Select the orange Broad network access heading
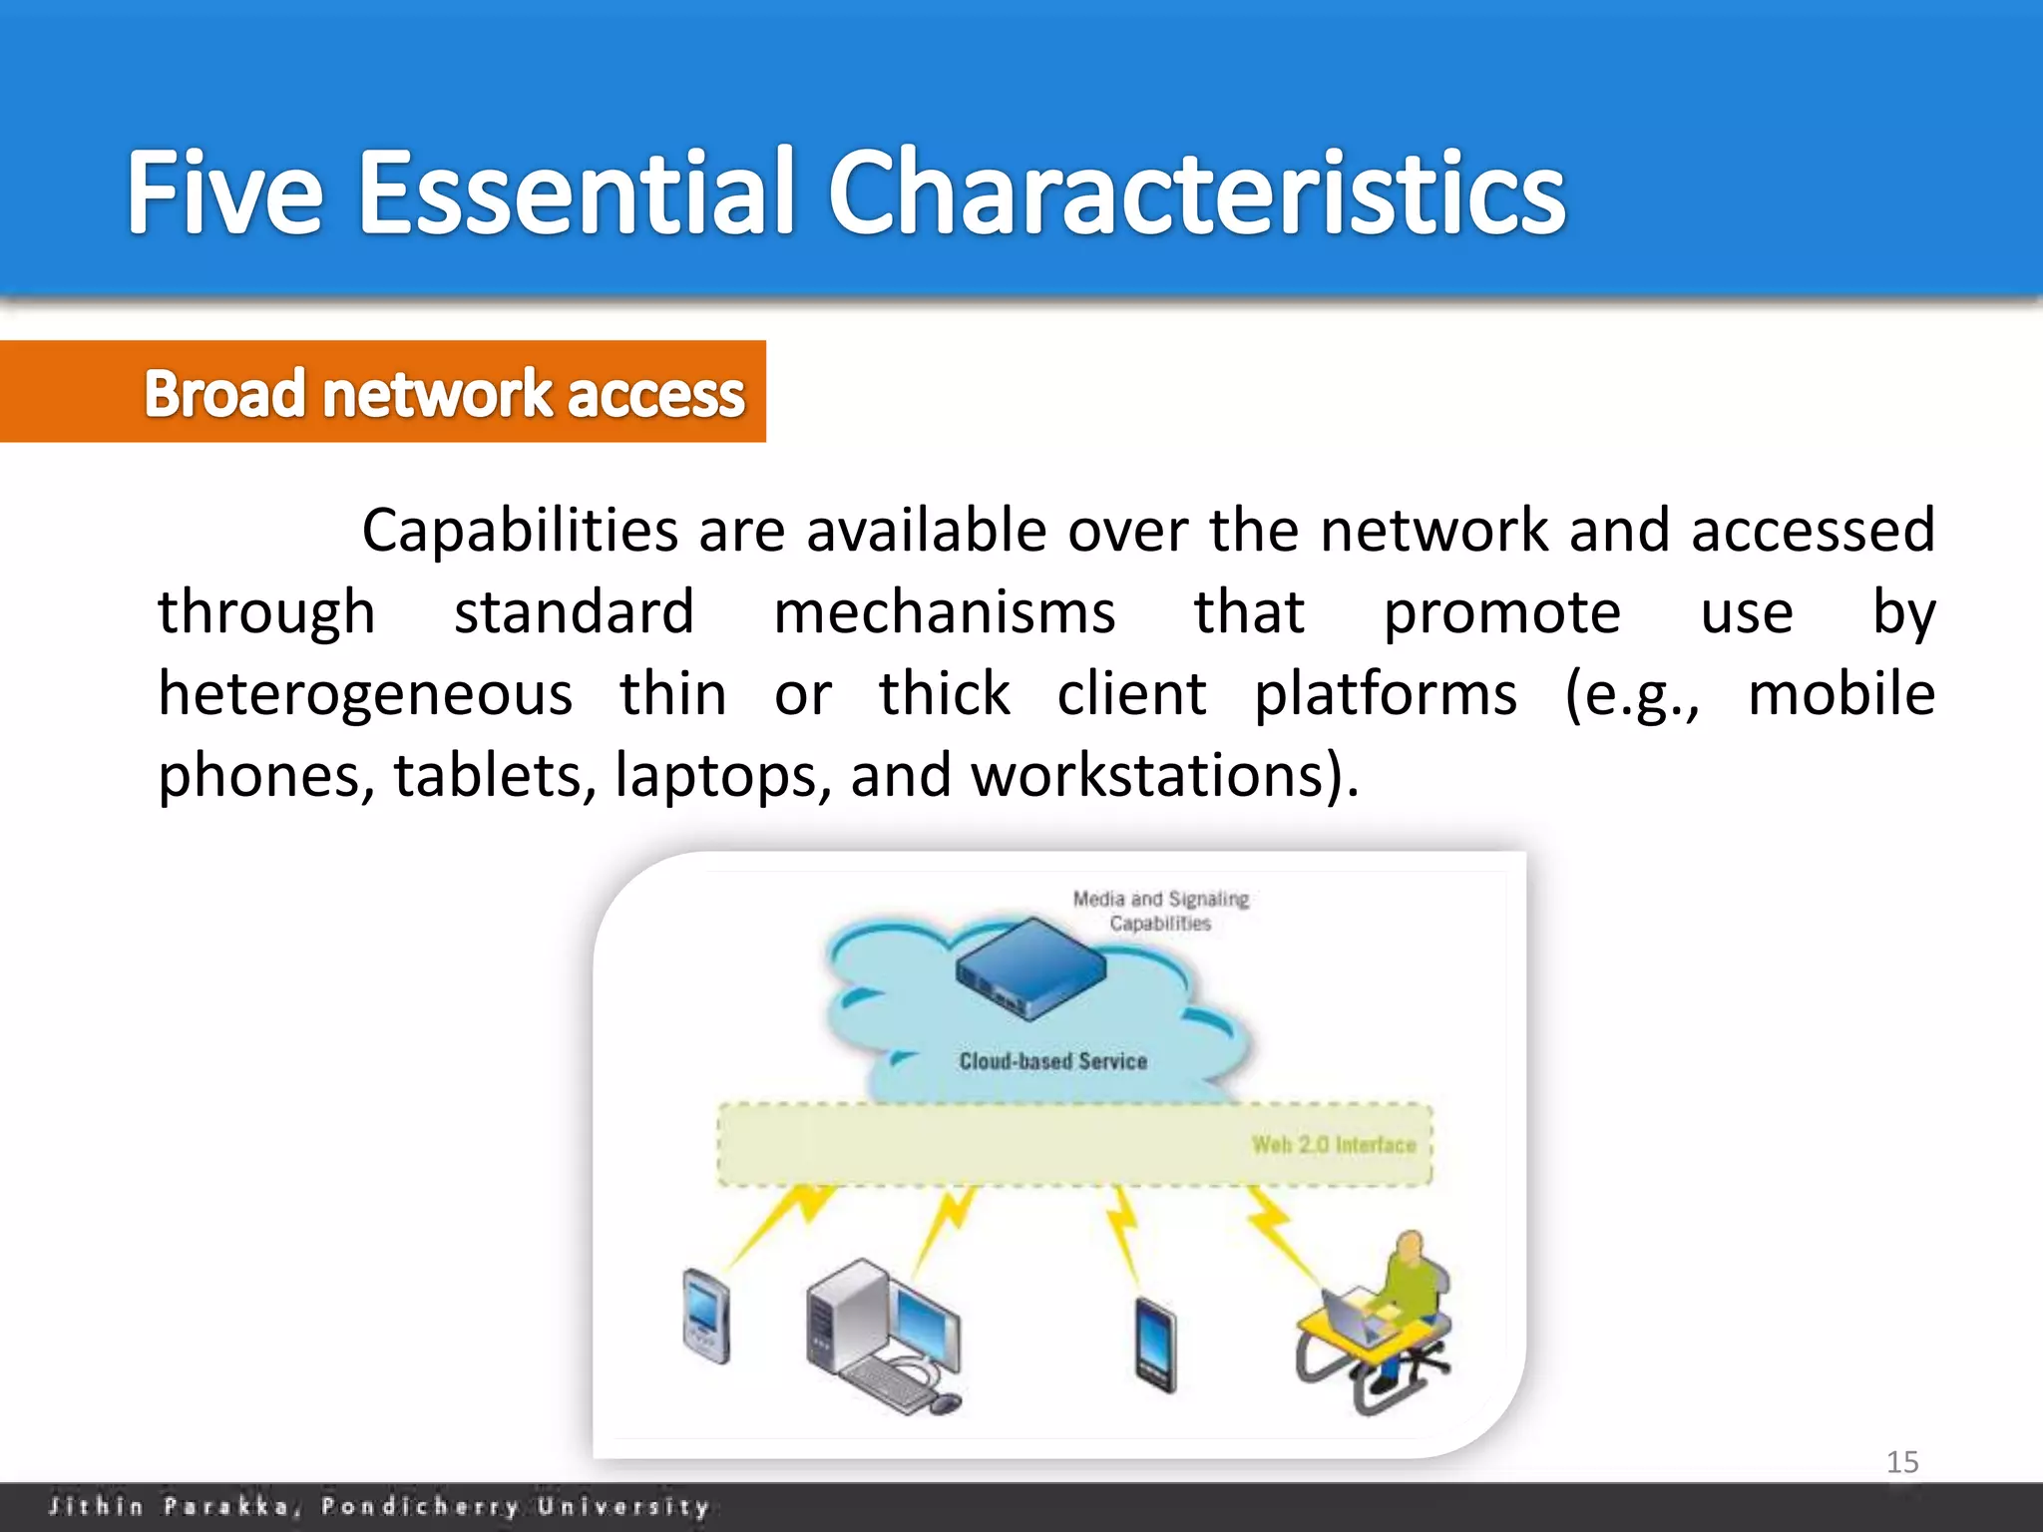coord(444,393)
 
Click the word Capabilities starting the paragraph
coord(519,530)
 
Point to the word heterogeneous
coord(365,694)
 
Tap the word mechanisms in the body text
coord(944,611)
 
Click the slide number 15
coord(1901,1462)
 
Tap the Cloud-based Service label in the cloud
coord(1052,1061)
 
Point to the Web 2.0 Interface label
coord(1333,1145)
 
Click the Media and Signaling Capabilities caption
coord(1159,911)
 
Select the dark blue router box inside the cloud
coord(1030,967)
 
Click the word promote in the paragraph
coord(1501,611)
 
